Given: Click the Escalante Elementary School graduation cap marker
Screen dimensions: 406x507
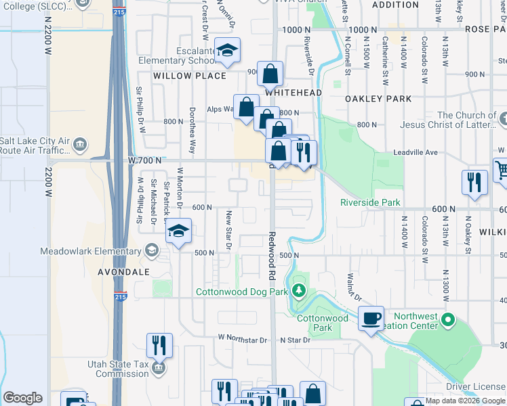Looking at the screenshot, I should [x=228, y=50].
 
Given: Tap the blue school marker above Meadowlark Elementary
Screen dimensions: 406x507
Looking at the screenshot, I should [x=178, y=231].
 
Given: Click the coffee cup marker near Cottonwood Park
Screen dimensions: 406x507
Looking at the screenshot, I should [x=371, y=317].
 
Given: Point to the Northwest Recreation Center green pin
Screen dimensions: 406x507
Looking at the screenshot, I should [x=447, y=319].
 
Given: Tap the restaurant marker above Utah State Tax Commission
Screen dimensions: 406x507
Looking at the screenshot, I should [x=160, y=344].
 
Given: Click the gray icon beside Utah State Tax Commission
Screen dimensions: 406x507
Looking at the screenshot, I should [x=158, y=368].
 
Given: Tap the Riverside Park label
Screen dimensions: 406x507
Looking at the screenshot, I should [x=370, y=202].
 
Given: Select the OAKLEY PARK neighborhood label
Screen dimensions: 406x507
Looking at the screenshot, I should [x=378, y=99].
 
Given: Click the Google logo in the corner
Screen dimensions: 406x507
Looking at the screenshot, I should [x=23, y=398].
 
